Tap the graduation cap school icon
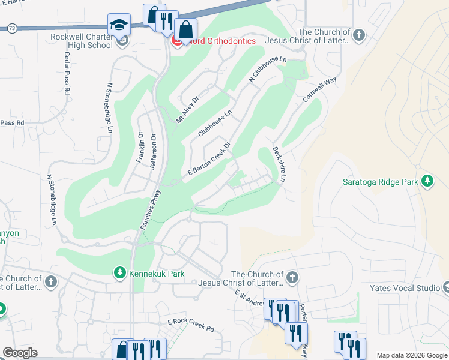[x=119, y=25]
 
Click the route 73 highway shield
[x=12, y=28]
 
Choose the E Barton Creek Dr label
[x=209, y=159]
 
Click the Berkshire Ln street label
[x=278, y=164]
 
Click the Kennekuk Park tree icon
[x=120, y=273]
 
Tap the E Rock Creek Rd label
[x=191, y=325]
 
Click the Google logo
[x=20, y=353]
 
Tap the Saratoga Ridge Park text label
[x=379, y=182]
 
